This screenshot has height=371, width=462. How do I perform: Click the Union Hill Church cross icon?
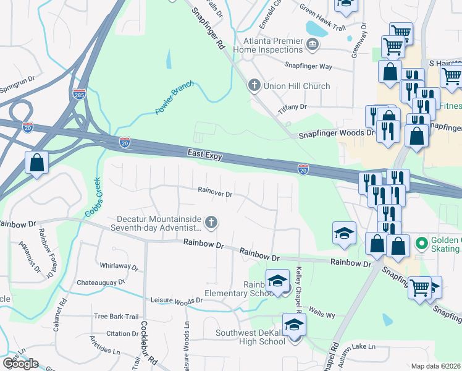(254, 85)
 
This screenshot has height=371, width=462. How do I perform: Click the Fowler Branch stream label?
(175, 98)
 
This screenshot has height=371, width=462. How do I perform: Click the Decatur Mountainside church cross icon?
(211, 222)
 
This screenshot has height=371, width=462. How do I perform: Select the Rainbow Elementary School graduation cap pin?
(278, 281)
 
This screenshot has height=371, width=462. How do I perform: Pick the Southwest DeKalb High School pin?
(294, 325)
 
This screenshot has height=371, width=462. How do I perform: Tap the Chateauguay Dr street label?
(101, 282)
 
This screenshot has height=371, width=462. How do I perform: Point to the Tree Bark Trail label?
(115, 316)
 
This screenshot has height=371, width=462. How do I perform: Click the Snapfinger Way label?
(308, 66)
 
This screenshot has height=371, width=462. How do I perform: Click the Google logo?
(20, 364)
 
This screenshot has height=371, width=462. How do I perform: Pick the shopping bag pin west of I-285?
(37, 164)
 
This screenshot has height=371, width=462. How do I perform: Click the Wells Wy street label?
(322, 314)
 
